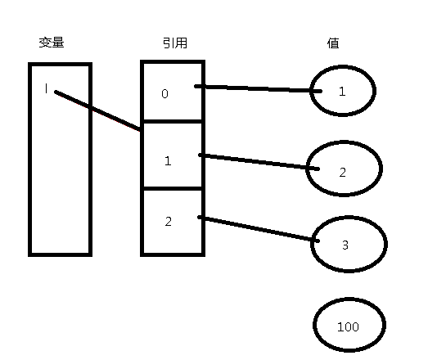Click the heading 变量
click(x=52, y=43)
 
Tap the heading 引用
click(x=175, y=43)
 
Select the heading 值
click(x=333, y=43)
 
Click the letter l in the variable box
click(x=47, y=89)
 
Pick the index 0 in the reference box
click(x=165, y=93)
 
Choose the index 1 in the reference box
click(x=168, y=161)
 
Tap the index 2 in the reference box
click(x=169, y=222)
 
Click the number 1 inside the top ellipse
click(x=342, y=92)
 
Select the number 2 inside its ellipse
click(x=343, y=173)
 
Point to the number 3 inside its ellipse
click(x=345, y=245)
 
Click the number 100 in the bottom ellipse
click(x=348, y=326)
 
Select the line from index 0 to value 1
click(x=258, y=89)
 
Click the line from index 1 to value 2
click(x=259, y=162)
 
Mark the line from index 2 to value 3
click(x=259, y=229)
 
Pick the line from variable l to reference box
click(x=97, y=110)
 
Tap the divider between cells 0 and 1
click(x=173, y=121)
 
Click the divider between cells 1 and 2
click(x=173, y=189)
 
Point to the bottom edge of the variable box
click(x=61, y=254)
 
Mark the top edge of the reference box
click(x=173, y=62)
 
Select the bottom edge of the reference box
click(x=173, y=254)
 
